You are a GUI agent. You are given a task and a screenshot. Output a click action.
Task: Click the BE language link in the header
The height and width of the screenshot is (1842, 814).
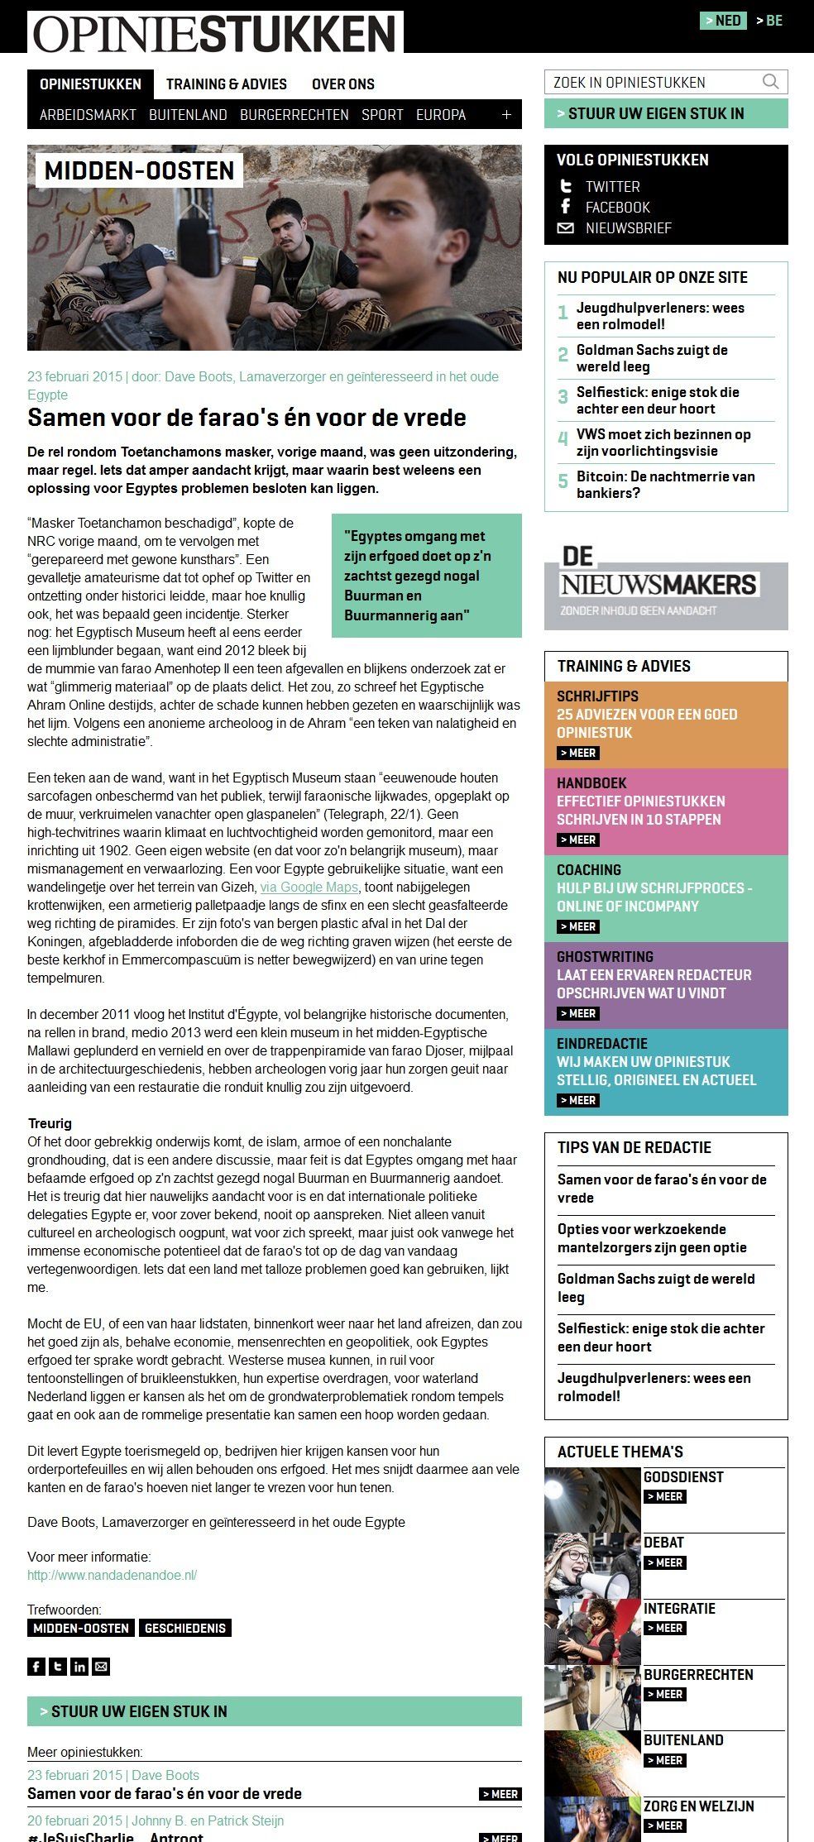click(769, 21)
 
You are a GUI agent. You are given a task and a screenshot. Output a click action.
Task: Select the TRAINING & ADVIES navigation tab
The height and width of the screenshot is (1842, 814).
click(226, 84)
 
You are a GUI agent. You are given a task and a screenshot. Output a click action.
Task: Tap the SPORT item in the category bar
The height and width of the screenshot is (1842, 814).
click(382, 115)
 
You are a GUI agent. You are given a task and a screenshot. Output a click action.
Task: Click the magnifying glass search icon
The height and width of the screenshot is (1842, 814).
click(770, 82)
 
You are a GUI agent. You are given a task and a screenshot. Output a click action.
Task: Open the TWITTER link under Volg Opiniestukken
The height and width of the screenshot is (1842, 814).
click(612, 187)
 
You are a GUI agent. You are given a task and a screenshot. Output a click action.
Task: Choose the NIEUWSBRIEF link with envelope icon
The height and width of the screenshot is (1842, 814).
click(628, 228)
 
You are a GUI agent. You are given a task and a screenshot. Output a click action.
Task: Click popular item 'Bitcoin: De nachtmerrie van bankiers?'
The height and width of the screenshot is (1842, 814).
click(665, 485)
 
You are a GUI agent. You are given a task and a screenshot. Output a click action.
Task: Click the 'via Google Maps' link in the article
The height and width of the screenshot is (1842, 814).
click(309, 888)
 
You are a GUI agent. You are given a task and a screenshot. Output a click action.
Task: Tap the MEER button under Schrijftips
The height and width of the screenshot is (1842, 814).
click(578, 753)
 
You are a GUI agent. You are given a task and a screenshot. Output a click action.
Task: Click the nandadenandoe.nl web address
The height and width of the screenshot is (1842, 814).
click(112, 1575)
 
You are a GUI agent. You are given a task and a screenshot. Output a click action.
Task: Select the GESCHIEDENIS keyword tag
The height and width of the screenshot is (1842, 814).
click(184, 1628)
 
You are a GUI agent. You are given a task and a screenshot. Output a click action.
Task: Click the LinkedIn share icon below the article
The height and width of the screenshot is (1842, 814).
click(79, 1667)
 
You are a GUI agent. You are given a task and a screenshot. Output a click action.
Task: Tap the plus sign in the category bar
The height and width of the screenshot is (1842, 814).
click(506, 115)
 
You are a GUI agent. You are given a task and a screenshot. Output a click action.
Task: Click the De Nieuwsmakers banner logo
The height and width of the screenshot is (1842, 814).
click(659, 584)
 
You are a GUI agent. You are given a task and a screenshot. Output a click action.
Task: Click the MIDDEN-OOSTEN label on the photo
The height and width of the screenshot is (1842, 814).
click(139, 171)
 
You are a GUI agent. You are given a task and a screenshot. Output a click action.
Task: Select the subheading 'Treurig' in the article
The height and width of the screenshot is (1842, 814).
click(50, 1123)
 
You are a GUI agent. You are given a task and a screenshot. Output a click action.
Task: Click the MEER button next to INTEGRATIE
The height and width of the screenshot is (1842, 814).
click(664, 1628)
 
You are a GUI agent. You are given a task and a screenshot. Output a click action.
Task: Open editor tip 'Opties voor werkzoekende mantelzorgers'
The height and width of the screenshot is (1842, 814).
click(652, 1238)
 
